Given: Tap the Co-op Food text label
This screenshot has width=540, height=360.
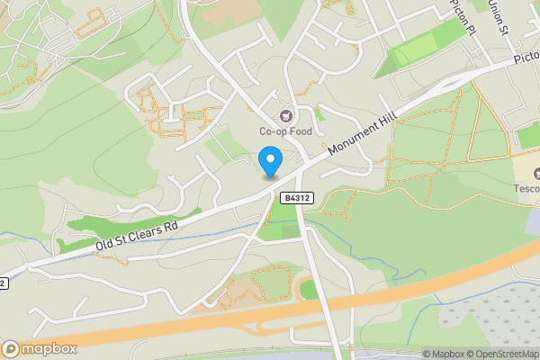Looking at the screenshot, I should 287,131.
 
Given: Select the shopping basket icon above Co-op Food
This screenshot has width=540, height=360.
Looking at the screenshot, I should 287,115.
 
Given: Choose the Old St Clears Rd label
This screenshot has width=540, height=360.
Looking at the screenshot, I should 138,237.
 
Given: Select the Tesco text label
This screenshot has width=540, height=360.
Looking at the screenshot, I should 526,188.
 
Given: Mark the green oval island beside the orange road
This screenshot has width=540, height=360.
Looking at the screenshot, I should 309,290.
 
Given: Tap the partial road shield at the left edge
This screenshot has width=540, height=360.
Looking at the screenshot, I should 4,283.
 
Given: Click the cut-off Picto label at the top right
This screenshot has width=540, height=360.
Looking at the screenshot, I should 526,58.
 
